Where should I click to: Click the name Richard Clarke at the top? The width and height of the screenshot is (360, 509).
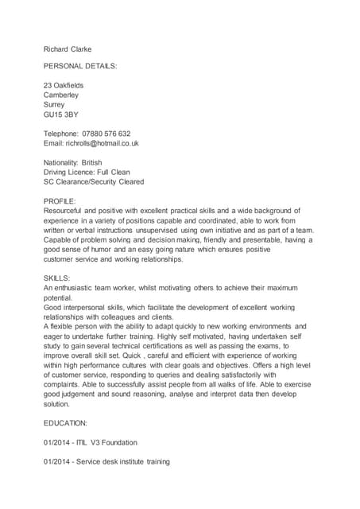tap(68, 49)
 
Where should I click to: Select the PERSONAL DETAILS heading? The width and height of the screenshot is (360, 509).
tap(79, 67)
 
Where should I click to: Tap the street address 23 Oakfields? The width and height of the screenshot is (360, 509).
tap(64, 86)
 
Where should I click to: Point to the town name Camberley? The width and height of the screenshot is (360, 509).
tap(61, 95)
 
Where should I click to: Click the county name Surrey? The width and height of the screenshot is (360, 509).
tap(55, 105)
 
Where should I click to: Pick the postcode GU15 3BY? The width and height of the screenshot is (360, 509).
tap(61, 115)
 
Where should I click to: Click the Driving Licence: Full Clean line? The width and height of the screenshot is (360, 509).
tap(87, 172)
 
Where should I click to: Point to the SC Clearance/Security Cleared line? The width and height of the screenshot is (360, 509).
tap(94, 181)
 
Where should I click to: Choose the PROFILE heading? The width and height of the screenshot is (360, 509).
tap(60, 201)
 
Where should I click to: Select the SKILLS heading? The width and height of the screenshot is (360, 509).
tap(57, 278)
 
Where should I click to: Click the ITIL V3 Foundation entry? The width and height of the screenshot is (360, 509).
tap(107, 442)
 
